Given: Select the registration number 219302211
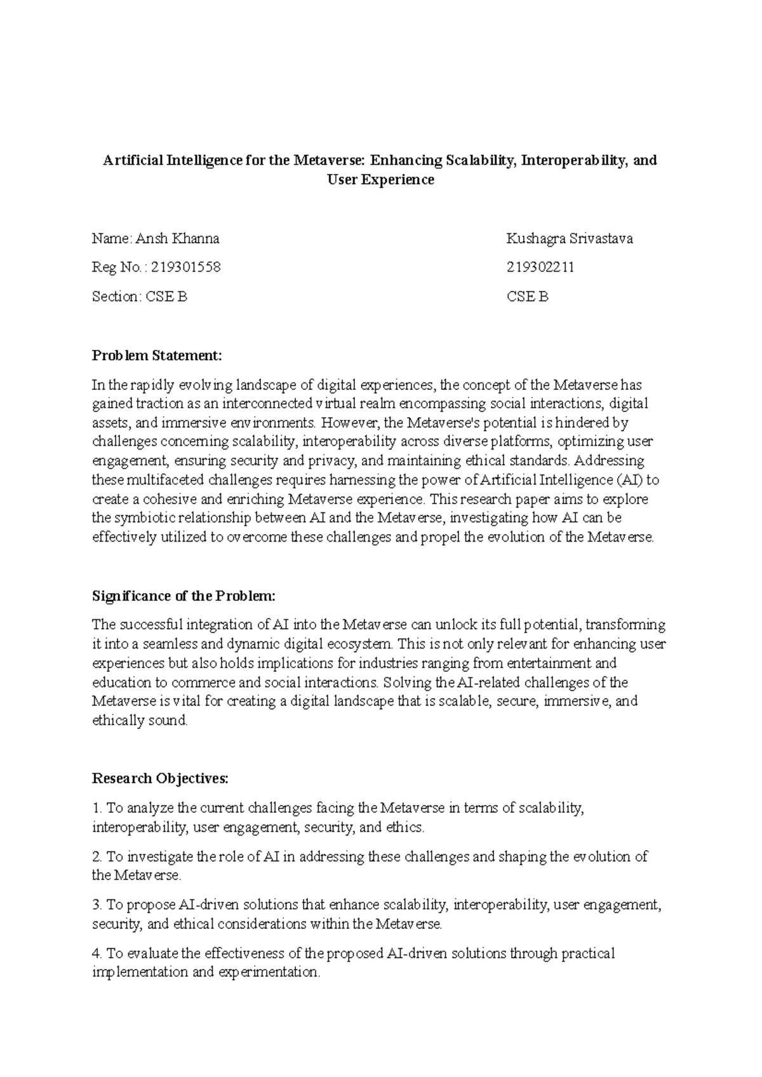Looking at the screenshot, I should click(540, 267).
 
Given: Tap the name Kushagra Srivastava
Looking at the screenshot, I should click(569, 239).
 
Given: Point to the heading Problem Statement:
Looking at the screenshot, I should click(157, 355).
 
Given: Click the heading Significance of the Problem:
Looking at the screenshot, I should click(184, 596).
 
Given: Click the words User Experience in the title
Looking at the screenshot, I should click(380, 180).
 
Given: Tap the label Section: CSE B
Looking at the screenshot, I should click(140, 297).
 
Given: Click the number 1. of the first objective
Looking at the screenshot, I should click(97, 808).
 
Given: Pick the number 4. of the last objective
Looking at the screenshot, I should click(97, 953).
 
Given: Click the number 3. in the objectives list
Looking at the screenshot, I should click(97, 904).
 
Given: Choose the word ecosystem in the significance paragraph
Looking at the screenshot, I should click(362, 644).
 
